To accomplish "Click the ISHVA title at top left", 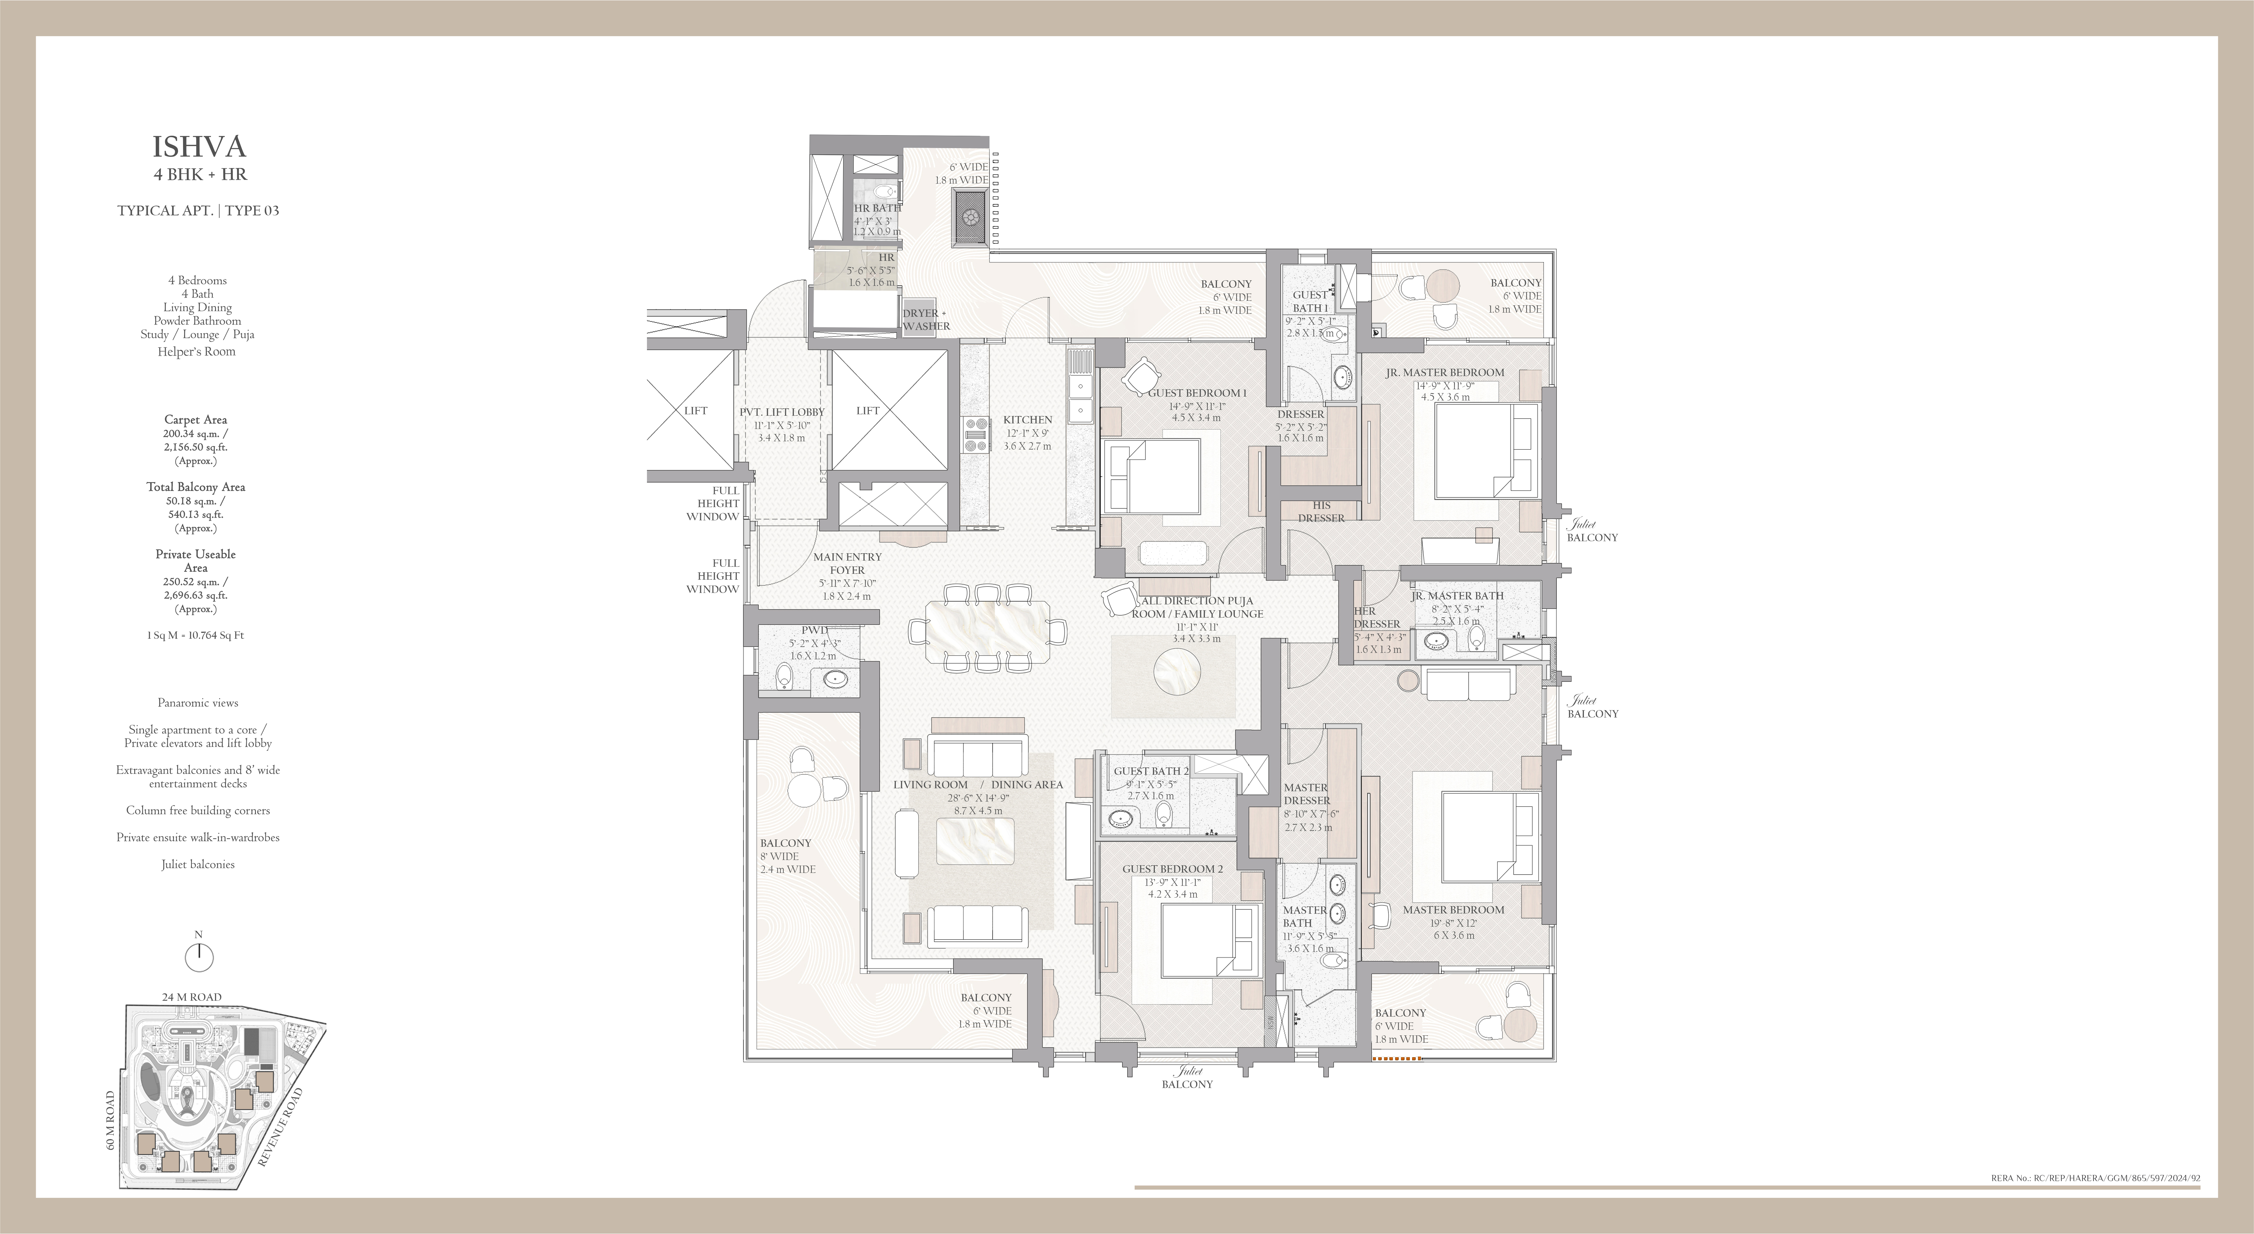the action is (x=199, y=146).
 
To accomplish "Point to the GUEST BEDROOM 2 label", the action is (x=1173, y=869).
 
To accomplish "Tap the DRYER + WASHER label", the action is (x=926, y=319).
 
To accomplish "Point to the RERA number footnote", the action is (x=2095, y=1178).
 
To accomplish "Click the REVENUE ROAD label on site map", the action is (x=280, y=1127).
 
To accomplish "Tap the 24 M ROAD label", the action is (x=192, y=997).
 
